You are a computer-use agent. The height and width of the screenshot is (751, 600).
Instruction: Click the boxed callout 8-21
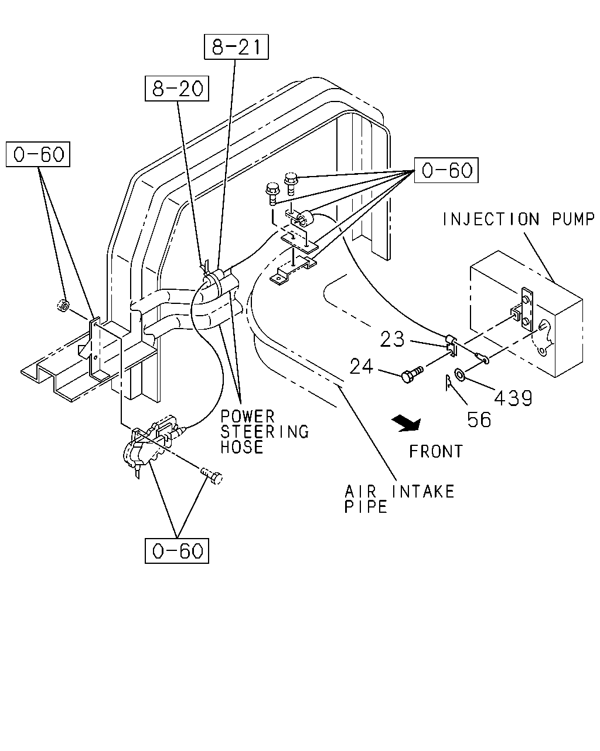tap(236, 47)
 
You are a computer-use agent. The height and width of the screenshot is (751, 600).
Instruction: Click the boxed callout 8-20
tap(177, 88)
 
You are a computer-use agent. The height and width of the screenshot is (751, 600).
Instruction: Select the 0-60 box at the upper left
tap(38, 154)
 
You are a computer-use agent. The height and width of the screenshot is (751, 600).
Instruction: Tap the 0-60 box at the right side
tap(446, 170)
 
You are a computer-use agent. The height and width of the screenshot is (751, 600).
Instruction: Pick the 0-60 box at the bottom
tap(177, 551)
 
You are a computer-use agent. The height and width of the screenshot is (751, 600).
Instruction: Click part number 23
tap(392, 339)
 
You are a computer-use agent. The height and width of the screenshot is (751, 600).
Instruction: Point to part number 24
tap(361, 367)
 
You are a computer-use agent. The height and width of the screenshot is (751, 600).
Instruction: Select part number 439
tap(513, 398)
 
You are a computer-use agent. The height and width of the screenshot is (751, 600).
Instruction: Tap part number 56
tap(479, 420)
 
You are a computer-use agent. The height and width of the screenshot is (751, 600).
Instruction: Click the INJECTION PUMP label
tap(519, 219)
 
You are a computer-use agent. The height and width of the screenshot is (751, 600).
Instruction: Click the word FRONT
tap(436, 451)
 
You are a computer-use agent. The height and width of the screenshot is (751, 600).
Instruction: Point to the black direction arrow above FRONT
tap(407, 424)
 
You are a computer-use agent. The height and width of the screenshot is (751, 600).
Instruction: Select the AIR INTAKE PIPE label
tap(399, 499)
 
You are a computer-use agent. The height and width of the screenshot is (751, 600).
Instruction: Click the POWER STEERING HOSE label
tap(265, 432)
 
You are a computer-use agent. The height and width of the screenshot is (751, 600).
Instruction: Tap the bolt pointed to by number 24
tap(412, 374)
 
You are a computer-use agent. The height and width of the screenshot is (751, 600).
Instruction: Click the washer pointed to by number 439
tap(459, 375)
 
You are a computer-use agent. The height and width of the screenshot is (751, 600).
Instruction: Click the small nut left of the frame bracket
tap(63, 305)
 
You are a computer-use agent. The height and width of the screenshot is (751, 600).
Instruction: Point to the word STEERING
tap(265, 432)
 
